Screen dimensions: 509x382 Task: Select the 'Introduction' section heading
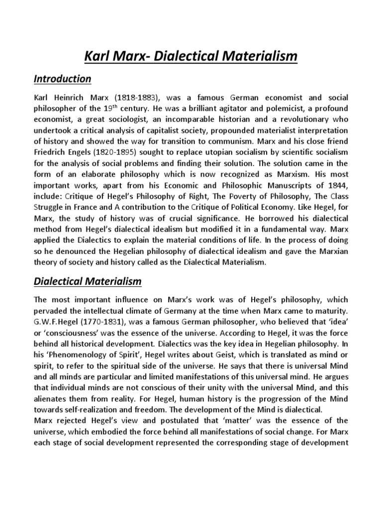(x=62, y=79)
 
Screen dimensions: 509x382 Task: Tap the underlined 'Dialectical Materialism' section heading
(x=88, y=282)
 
